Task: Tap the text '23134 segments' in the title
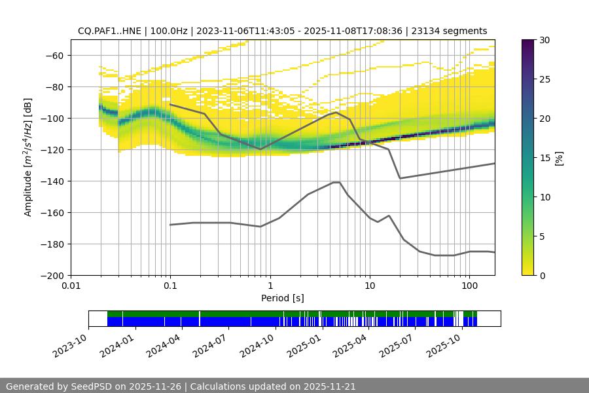(x=455, y=31)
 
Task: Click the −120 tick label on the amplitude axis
(x=50, y=149)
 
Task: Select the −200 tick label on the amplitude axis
(x=50, y=275)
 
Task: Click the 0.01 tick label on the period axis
(x=71, y=286)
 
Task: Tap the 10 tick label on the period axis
(x=369, y=286)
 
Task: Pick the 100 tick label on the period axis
(x=469, y=286)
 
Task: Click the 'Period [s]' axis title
(x=283, y=298)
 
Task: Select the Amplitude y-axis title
(x=27, y=157)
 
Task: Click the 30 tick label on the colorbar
(x=544, y=40)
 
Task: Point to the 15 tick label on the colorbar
(x=544, y=157)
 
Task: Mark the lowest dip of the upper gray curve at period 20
(x=400, y=178)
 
